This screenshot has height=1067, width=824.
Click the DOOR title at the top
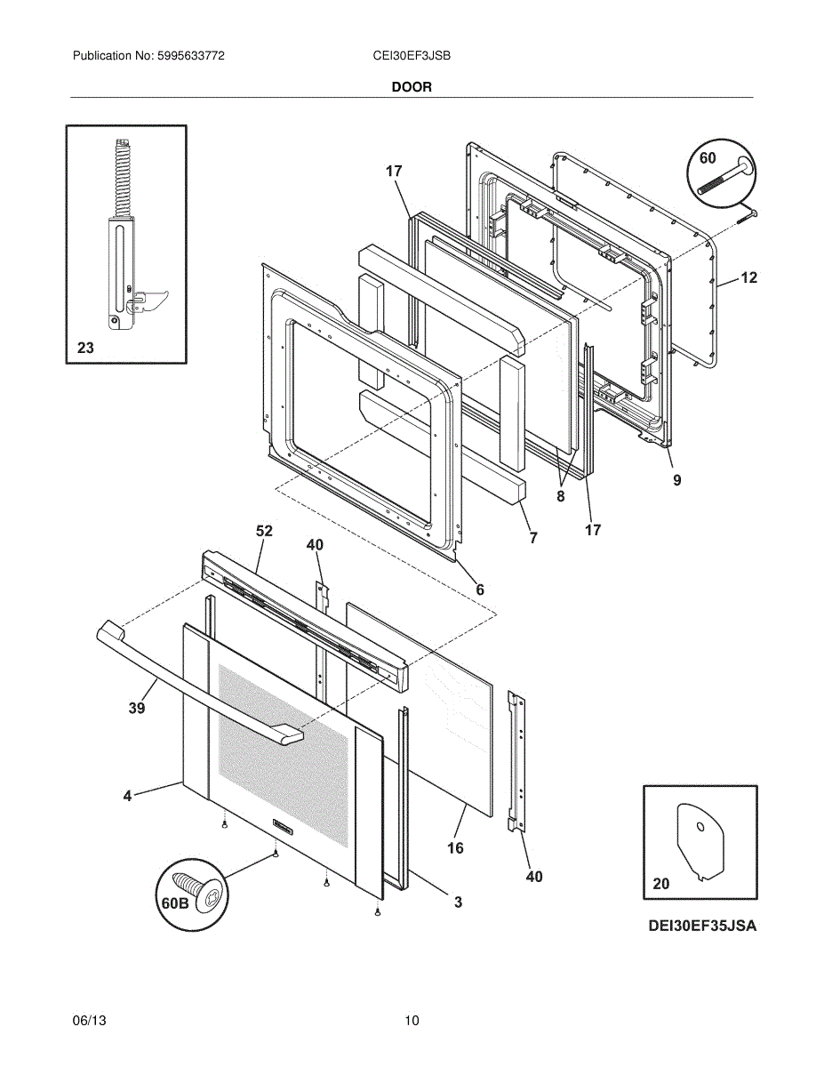412,87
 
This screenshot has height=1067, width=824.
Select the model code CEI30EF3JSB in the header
412,55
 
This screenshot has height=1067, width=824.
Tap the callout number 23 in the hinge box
85,349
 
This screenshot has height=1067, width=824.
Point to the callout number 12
748,277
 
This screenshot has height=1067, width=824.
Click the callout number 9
676,480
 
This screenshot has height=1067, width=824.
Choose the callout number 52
264,531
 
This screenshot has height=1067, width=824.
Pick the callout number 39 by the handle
136,708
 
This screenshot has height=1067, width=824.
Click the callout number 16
455,848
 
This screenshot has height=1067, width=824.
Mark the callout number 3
458,903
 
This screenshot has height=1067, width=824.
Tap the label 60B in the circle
175,903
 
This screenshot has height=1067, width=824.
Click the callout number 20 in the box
661,884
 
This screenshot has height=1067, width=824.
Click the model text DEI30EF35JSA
702,926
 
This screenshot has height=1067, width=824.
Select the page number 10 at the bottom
411,1021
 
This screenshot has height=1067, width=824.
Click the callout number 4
127,796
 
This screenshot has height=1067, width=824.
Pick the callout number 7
533,538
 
